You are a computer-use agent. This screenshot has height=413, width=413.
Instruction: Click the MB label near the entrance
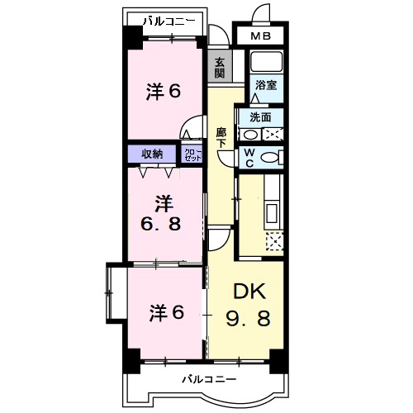[261, 37]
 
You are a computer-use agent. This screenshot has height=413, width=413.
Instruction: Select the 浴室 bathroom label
[265, 85]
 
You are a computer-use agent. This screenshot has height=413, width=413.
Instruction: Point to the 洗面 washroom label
[260, 116]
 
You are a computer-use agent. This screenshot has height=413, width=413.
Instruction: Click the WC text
[247, 156]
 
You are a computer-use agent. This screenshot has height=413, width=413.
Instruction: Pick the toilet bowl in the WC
[269, 157]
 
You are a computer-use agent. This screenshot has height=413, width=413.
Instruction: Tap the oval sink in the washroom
[249, 134]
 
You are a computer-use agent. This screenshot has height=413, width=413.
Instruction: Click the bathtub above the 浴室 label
[266, 62]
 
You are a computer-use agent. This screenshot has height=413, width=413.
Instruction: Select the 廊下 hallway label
[221, 136]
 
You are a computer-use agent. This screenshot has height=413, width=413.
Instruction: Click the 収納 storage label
[151, 154]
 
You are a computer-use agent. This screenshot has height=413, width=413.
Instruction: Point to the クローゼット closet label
[192, 154]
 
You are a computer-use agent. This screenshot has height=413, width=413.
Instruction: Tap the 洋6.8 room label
[163, 213]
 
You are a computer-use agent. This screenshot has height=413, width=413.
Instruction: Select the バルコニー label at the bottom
[210, 379]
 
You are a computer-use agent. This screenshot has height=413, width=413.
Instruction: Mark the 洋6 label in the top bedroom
[164, 92]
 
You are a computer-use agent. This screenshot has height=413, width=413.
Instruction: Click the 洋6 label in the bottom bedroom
[165, 313]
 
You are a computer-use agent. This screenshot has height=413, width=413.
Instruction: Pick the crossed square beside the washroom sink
[274, 134]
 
